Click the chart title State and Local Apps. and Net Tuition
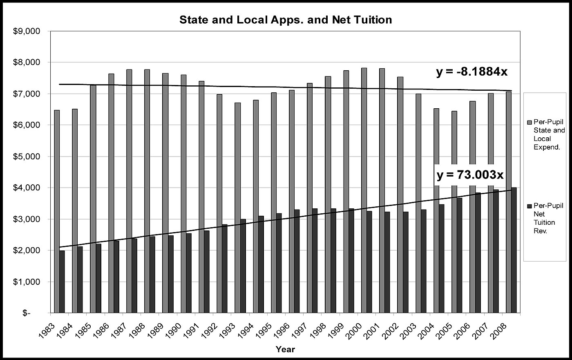coord(286,20)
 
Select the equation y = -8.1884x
coord(471,72)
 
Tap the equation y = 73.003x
coord(470,175)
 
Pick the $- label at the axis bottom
coord(26,313)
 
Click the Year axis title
coord(285,349)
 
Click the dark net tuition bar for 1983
coord(62,282)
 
